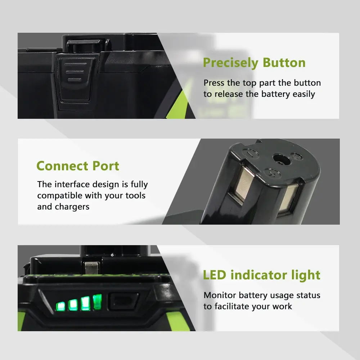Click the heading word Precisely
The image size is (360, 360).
(231, 63)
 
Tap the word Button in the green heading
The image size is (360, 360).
(284, 62)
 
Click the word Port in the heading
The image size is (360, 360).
(105, 166)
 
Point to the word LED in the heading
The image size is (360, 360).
(215, 275)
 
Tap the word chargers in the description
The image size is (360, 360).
(72, 207)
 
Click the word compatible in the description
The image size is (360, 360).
(60, 195)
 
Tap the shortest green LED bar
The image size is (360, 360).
(60, 306)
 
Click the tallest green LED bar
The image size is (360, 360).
(97, 302)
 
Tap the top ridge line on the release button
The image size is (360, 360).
(75, 64)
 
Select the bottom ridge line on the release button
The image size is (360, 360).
(75, 80)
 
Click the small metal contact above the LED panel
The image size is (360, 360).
(91, 267)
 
